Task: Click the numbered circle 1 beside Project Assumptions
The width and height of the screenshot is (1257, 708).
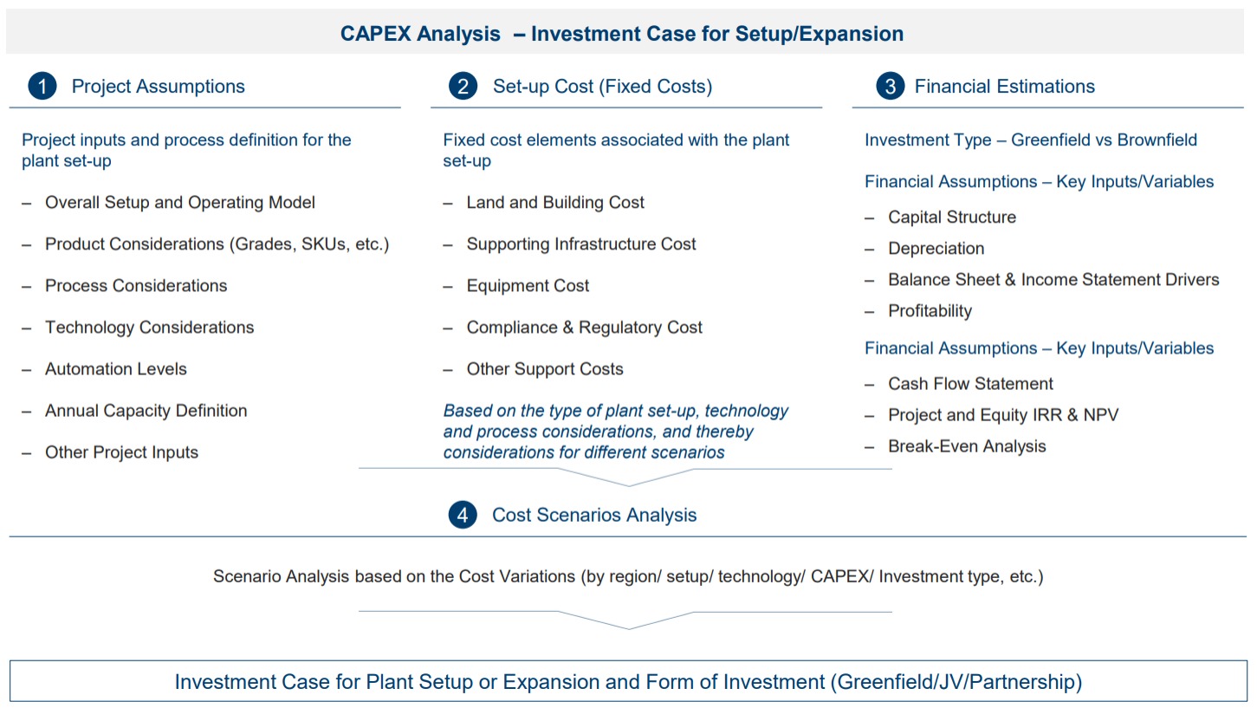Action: [x=42, y=86]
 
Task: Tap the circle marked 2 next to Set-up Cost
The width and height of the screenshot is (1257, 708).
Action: [x=463, y=86]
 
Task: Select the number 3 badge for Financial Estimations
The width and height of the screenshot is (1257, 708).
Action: [x=890, y=86]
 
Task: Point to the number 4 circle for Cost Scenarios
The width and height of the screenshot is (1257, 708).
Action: [x=463, y=515]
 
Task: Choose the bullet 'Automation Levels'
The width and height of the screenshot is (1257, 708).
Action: [x=115, y=369]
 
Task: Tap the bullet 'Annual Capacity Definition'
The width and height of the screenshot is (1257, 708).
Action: [x=146, y=411]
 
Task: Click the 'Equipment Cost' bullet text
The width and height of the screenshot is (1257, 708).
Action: [x=528, y=286]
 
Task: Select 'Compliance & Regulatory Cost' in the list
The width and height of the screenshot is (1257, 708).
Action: [x=584, y=328]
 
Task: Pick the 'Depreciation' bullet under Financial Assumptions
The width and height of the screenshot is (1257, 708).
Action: [x=936, y=248]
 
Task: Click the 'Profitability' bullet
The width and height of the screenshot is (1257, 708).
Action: [x=930, y=310]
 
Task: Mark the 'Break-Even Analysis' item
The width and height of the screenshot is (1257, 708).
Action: [x=967, y=446]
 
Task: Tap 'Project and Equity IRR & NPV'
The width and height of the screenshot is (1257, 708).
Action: [x=1003, y=415]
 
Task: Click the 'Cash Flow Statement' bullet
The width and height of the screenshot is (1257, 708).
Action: [x=970, y=384]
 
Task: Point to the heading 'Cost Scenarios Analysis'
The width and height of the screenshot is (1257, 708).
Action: [x=594, y=515]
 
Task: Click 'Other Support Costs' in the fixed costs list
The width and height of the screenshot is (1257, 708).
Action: [x=545, y=369]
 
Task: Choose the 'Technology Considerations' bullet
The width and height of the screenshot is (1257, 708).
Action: [x=149, y=328]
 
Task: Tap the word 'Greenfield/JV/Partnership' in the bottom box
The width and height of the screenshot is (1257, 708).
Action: [x=956, y=682]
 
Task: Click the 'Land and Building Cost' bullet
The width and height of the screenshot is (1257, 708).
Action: [x=555, y=202]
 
